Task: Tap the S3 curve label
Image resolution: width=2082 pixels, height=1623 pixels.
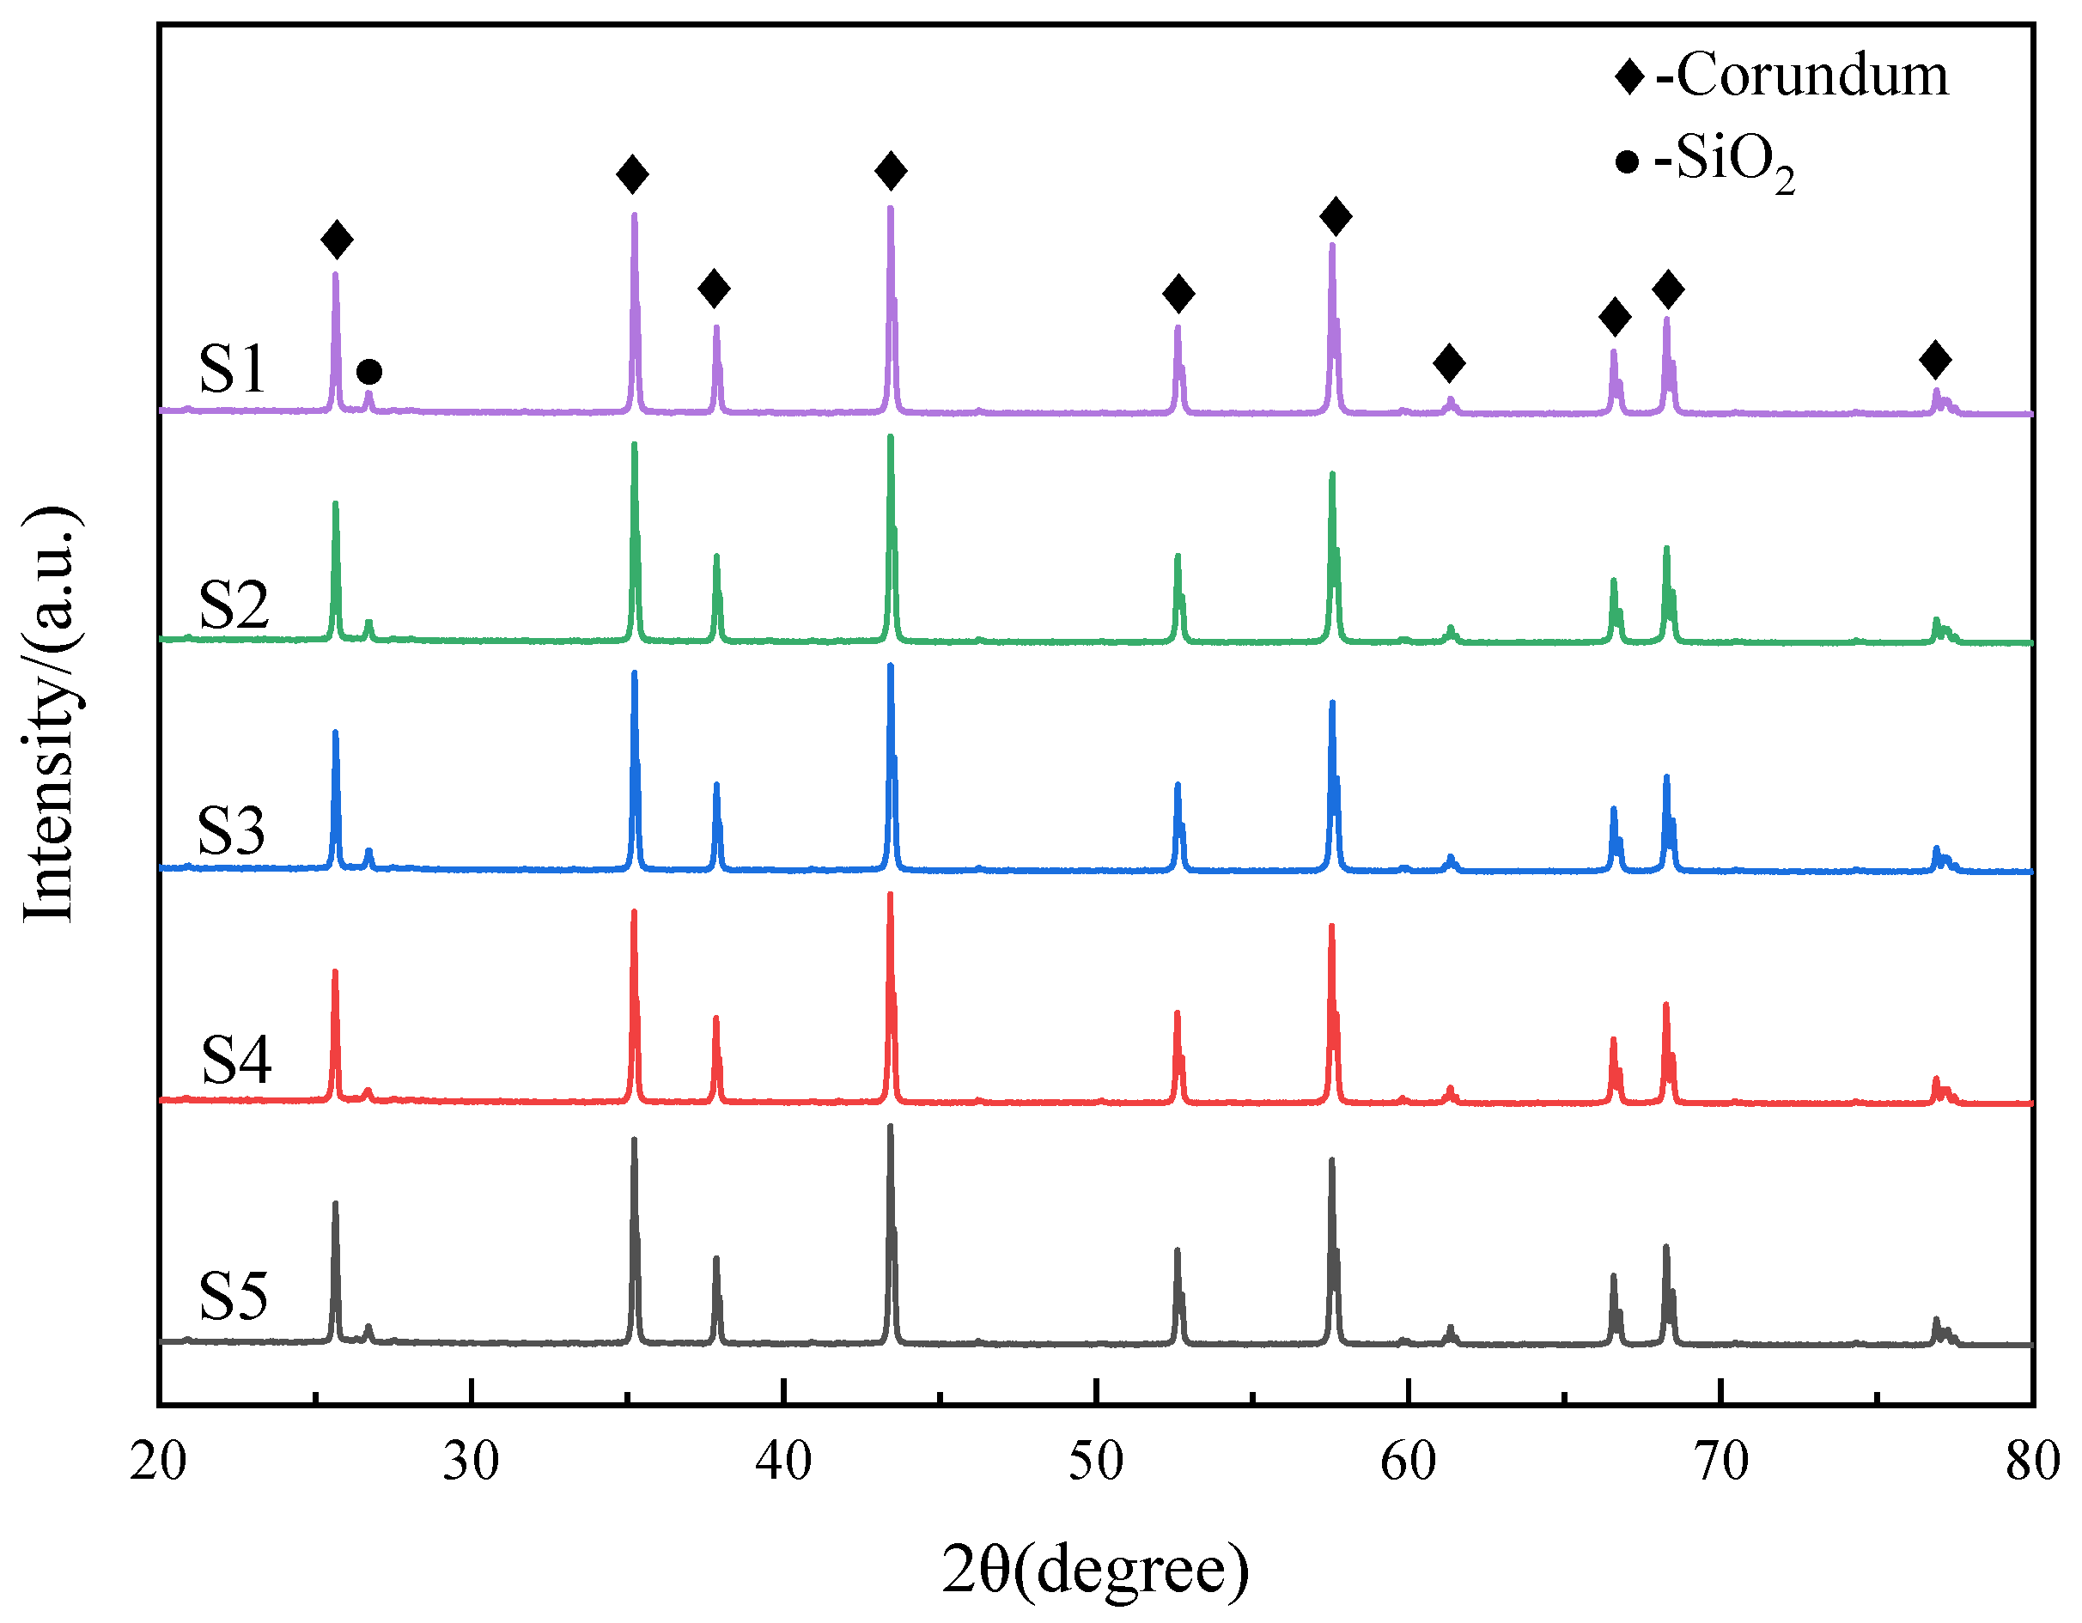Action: (x=231, y=830)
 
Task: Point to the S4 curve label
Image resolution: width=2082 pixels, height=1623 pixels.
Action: (x=236, y=1059)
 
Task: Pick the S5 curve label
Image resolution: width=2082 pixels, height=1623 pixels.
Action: (x=233, y=1296)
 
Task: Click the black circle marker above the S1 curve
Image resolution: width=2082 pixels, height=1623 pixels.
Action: (x=369, y=372)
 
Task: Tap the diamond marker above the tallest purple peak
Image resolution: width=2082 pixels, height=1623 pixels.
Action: (x=891, y=171)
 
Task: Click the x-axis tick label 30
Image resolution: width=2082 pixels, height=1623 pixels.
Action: (x=471, y=1461)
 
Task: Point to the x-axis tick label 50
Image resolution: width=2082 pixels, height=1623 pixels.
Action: (x=1096, y=1461)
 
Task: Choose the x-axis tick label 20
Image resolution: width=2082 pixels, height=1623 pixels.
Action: (x=158, y=1461)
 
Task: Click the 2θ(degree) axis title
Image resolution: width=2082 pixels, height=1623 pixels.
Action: (x=1095, y=1569)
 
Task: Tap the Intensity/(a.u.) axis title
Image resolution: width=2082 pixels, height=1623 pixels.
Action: (x=50, y=714)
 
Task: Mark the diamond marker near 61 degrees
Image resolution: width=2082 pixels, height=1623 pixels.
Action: (x=1449, y=362)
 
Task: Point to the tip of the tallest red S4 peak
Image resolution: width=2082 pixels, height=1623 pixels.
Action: (x=891, y=895)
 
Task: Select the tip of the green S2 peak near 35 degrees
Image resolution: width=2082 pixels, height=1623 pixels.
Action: (x=634, y=444)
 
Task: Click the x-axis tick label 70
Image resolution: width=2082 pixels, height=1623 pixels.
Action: (x=1721, y=1461)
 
